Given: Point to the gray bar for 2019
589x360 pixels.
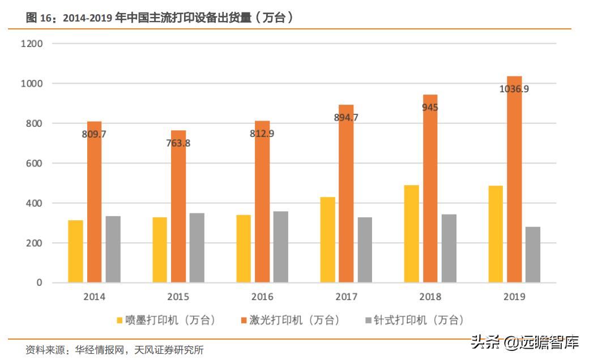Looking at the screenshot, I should (x=532, y=255).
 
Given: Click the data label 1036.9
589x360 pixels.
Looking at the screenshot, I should (x=514, y=89).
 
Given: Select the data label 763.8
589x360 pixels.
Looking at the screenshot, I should (x=178, y=143).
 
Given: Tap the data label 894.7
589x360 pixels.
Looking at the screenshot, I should (x=346, y=118).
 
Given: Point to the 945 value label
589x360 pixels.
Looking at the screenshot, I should (x=430, y=108).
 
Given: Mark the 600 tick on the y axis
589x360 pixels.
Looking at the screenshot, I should (x=35, y=164).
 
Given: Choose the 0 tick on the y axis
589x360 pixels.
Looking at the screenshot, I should (x=40, y=283).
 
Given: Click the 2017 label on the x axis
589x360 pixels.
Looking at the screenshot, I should (x=346, y=297).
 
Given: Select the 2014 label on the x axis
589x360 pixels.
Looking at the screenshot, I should (x=94, y=297).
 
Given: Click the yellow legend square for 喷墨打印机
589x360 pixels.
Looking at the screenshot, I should (x=119, y=320).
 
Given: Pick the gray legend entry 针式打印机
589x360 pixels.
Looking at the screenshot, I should (x=417, y=320).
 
